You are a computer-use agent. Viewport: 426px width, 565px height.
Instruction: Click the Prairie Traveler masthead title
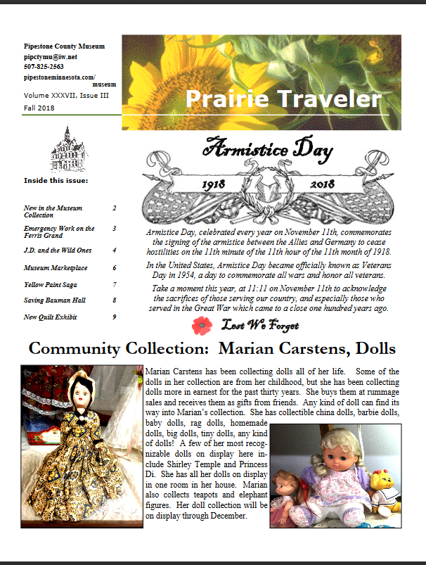(x=283, y=100)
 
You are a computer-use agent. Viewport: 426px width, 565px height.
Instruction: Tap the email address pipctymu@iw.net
(x=49, y=56)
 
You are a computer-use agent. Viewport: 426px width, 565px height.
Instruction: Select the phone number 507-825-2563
(x=44, y=65)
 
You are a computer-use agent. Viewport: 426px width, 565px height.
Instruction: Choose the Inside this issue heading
(x=56, y=179)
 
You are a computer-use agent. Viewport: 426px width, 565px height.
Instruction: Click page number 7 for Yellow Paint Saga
(x=114, y=285)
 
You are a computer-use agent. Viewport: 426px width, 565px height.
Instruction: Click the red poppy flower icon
(x=201, y=325)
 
